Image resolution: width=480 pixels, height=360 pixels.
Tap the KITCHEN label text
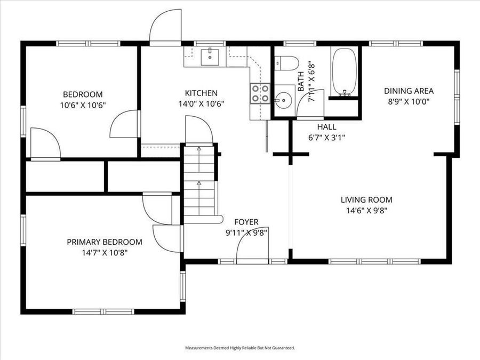point(201,93)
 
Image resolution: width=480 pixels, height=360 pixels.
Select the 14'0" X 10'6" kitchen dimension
point(201,104)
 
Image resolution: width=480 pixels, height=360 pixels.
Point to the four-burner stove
point(260,93)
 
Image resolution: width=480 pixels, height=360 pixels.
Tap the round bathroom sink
point(283,100)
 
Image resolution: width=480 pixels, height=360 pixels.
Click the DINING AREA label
point(409,90)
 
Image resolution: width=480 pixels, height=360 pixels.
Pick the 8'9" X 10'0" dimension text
point(409,101)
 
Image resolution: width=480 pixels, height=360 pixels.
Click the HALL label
point(326,126)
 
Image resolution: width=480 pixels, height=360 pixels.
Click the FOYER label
point(246,222)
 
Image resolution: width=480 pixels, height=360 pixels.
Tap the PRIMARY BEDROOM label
point(105,242)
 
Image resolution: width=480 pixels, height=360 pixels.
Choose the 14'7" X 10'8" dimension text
point(105,252)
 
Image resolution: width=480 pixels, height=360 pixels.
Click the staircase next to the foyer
point(201,181)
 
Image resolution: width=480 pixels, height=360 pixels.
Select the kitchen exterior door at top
point(166,28)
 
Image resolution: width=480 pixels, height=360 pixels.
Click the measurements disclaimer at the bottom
point(239,348)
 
